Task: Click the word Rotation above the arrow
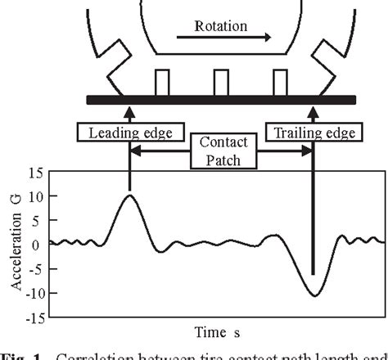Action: (220, 25)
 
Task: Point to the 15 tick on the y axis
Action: (35, 173)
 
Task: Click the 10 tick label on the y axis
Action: (35, 196)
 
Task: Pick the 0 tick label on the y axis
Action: (38, 245)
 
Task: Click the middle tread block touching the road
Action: (221, 83)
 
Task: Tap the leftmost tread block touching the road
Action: (161, 83)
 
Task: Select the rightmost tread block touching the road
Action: (280, 83)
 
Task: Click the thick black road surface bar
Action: (220, 100)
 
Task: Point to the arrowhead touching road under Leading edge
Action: (129, 109)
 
